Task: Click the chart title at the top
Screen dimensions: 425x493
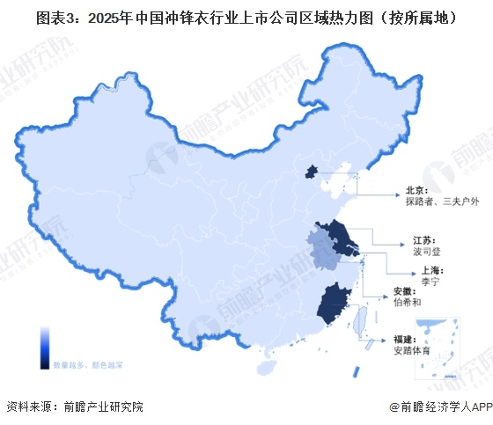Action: [x=246, y=16]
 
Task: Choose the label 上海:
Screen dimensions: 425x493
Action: [x=417, y=270]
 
